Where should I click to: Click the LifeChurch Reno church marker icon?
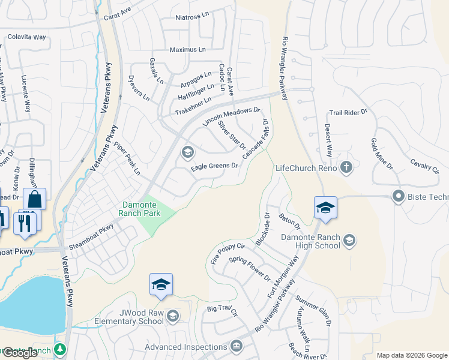(x=346, y=167)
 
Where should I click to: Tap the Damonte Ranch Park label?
(x=143, y=208)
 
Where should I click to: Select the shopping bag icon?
(x=35, y=199)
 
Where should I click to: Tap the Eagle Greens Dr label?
(x=214, y=166)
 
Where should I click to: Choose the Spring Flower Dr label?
(x=250, y=268)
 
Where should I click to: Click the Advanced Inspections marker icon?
(x=236, y=346)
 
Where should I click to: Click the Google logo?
(x=19, y=353)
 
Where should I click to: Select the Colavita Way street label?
(x=26, y=37)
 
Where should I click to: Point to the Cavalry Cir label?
(x=424, y=165)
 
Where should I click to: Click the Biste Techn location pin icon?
(x=397, y=196)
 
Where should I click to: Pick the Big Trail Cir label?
(x=223, y=311)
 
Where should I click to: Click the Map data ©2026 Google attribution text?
(x=412, y=355)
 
